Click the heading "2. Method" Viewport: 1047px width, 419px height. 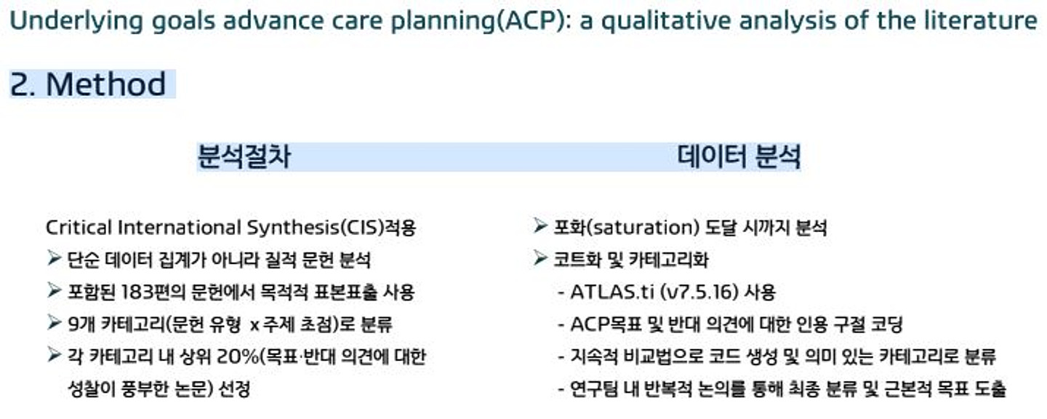[88, 84]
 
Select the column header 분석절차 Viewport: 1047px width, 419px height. [244, 156]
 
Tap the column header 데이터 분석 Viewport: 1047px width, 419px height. [739, 156]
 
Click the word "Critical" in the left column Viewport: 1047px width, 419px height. [79, 228]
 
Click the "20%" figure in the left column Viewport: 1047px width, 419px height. [238, 356]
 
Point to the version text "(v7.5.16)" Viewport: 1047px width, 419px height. [699, 292]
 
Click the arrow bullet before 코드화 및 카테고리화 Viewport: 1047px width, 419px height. [540, 258]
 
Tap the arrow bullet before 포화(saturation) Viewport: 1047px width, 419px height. [540, 226]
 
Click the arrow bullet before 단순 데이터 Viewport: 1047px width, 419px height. [55, 258]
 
